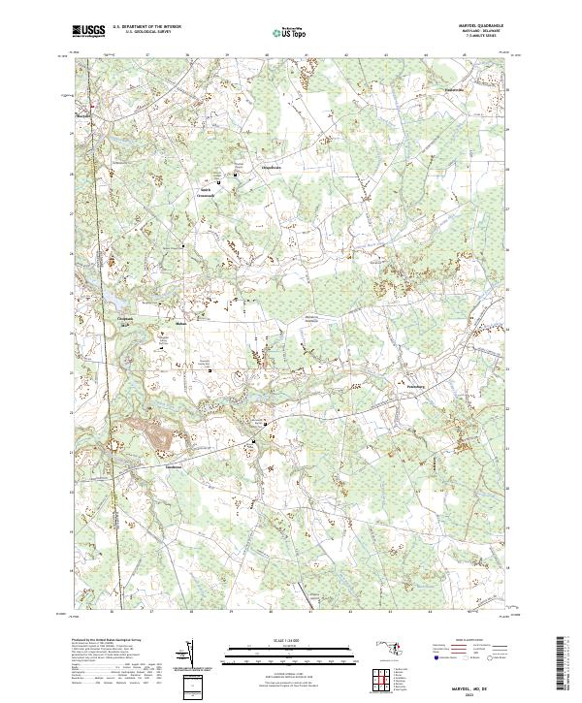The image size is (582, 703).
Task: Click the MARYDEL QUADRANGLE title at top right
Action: coord(481,25)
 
